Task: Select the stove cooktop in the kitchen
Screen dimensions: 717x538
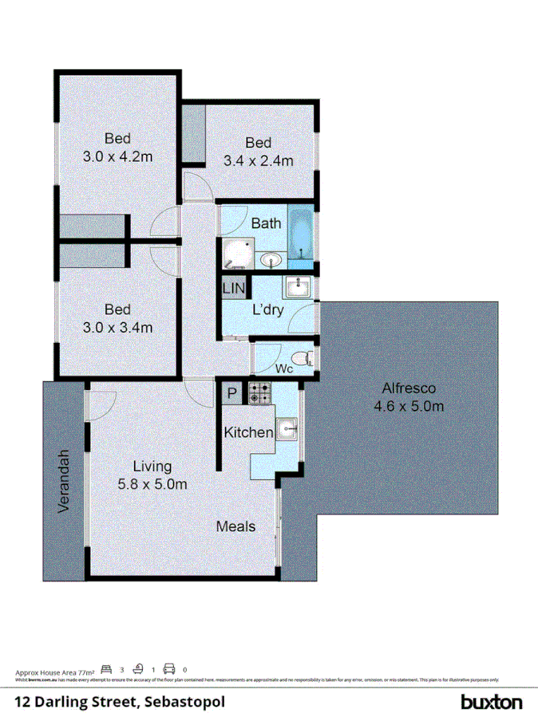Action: coord(259,392)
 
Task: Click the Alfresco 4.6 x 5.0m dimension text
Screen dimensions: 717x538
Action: coord(409,407)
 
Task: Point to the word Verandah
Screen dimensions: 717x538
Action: coord(67,482)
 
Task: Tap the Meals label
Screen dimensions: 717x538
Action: coord(235,526)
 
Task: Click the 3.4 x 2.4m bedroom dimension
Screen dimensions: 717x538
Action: coord(259,160)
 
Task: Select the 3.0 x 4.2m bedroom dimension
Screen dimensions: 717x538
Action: coord(117,157)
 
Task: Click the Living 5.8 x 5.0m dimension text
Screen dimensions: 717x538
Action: coord(152,483)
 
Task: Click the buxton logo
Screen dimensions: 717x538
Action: coord(492,702)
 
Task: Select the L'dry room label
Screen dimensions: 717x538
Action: coord(267,311)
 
